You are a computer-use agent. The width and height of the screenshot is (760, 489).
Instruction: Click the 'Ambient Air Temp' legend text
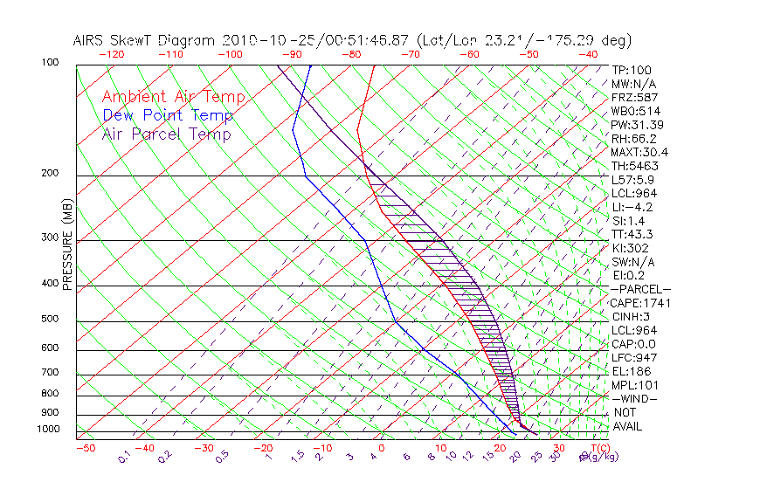[173, 97]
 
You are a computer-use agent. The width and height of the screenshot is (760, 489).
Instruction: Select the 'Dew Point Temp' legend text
[168, 115]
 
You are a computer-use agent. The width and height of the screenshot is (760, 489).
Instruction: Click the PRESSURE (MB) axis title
[67, 246]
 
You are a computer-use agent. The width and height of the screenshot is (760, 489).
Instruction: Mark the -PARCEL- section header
[640, 289]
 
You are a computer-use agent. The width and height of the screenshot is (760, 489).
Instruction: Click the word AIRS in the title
[91, 40]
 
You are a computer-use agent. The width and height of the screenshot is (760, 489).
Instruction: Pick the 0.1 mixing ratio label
[124, 456]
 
